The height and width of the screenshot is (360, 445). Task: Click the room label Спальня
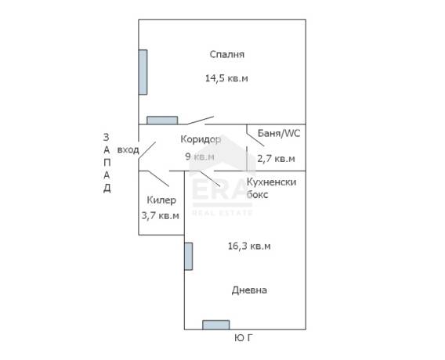click(x=226, y=55)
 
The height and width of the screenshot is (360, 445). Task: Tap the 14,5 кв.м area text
click(x=226, y=78)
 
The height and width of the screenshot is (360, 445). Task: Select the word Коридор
click(x=201, y=139)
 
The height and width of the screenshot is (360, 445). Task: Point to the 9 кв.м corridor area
click(x=200, y=157)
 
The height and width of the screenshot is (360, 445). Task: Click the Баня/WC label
click(x=279, y=133)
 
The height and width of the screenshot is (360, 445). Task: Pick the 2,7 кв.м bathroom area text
click(x=276, y=158)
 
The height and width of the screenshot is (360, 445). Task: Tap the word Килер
click(x=161, y=200)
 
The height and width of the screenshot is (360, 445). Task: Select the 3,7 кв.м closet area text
click(x=161, y=216)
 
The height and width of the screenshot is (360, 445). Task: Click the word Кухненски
click(x=271, y=182)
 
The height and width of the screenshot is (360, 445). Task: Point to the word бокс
click(x=258, y=195)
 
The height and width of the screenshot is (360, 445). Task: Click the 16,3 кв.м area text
click(x=249, y=246)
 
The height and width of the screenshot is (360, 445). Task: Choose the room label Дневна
click(x=249, y=290)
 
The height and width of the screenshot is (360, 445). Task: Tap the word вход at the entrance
click(x=128, y=149)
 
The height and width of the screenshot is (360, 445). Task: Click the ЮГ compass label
click(x=244, y=337)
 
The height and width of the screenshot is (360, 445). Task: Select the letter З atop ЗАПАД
click(x=106, y=137)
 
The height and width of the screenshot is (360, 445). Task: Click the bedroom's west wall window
click(x=143, y=72)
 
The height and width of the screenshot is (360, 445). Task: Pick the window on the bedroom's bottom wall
click(x=162, y=121)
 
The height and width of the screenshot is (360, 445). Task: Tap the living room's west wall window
click(x=189, y=256)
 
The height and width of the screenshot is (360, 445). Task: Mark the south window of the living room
click(x=216, y=325)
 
